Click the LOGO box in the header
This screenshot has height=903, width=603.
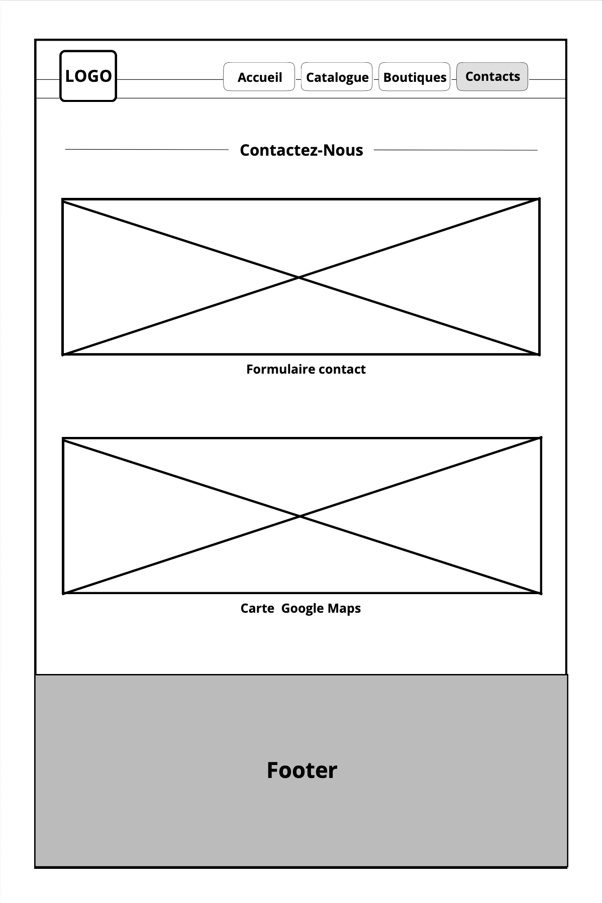pos(88,76)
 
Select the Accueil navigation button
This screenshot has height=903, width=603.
pos(259,77)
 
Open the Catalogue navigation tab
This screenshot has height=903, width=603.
pos(337,77)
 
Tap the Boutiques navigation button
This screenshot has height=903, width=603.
pos(415,77)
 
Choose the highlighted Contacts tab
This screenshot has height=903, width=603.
pos(492,76)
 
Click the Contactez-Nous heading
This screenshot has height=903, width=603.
pos(301,150)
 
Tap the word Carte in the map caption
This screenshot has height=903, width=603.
pos(257,608)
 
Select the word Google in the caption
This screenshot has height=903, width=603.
pos(302,608)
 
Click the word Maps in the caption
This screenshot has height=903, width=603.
pos(344,608)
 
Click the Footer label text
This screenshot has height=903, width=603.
pos(301,770)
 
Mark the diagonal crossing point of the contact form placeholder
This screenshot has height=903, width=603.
pos(299,277)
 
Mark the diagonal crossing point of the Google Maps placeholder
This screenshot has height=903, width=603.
pos(300,516)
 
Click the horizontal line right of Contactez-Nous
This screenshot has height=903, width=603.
pos(455,150)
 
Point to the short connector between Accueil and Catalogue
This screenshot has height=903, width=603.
pos(298,79)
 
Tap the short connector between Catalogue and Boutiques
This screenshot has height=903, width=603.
pos(375,79)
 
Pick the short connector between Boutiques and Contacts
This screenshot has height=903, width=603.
pos(453,79)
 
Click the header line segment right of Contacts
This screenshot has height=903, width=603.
pos(547,79)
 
